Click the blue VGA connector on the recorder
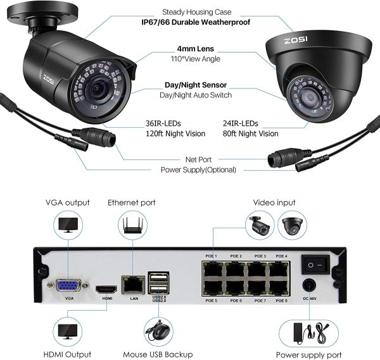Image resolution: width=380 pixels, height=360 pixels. click(68, 286)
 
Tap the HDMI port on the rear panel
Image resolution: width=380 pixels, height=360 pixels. click(106, 290)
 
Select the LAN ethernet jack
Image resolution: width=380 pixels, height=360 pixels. click(133, 285)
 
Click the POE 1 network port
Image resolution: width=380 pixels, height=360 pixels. click(213, 270)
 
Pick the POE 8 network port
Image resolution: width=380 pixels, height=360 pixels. click(278, 287)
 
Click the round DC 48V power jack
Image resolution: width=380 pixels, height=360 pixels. click(309, 285)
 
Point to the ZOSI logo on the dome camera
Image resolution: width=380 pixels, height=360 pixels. click(296, 40)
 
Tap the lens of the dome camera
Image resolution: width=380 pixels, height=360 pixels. click(310, 97)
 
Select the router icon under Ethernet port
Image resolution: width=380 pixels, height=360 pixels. click(132, 226)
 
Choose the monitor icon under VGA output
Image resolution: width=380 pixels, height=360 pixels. click(68, 225)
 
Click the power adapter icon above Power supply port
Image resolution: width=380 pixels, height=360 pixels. click(308, 333)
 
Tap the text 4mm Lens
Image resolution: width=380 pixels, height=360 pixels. click(195, 49)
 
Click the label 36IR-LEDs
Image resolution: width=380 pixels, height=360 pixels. click(163, 123)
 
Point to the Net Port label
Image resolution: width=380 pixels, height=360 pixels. click(198, 159)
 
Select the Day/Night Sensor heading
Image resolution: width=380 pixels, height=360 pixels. click(196, 85)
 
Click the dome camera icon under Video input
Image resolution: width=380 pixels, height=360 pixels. click(292, 225)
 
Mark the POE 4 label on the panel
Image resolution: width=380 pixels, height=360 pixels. click(281, 256)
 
